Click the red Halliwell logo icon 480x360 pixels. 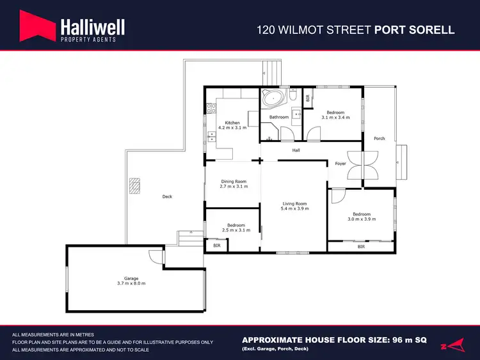click(36, 29)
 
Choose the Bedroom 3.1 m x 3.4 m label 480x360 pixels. click(335, 115)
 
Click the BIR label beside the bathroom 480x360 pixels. click(308, 98)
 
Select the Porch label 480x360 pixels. click(380, 138)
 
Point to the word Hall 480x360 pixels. click(296, 151)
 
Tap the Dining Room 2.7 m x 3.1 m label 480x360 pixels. click(234, 184)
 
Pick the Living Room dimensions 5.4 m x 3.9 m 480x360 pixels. click(296, 208)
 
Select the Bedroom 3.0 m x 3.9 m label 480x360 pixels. click(362, 217)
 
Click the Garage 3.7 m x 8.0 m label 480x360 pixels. click(131, 282)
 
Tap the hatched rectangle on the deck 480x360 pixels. click(134, 185)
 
